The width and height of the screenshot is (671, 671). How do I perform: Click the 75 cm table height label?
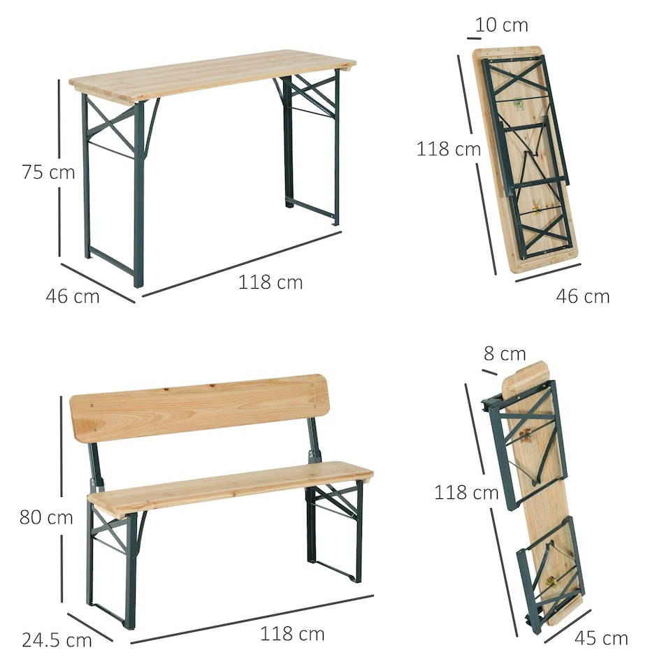pos(48,172)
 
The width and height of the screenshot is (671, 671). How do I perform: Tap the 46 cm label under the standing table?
pos(73,296)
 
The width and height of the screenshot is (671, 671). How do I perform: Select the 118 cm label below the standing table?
pos(270,282)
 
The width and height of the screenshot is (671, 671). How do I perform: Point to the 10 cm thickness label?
pos(501,25)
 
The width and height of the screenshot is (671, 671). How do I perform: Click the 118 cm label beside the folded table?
pos(449,149)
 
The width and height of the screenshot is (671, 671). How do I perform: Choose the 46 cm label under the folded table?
pos(583,296)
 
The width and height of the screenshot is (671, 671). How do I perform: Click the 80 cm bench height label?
pos(46,517)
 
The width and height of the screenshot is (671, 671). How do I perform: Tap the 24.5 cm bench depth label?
pos(57,640)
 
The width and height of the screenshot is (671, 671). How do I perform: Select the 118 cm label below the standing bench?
pos(292,634)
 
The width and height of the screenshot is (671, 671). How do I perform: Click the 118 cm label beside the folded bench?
pos(466,492)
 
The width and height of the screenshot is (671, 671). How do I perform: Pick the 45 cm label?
pos(601,638)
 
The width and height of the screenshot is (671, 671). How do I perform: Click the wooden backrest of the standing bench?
pos(199,407)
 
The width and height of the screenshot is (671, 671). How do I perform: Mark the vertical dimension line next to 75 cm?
pos(59,168)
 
